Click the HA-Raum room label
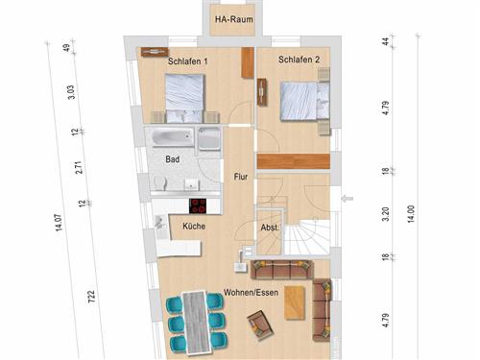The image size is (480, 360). [x=234, y=19]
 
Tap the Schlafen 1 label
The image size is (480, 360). [x=188, y=61]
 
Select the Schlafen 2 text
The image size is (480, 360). [x=299, y=60]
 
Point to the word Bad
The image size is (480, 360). [x=173, y=159]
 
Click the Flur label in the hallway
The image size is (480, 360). [x=241, y=177]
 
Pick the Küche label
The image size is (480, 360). [x=194, y=227]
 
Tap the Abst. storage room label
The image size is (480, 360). [x=270, y=228]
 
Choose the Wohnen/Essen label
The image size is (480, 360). [x=251, y=293]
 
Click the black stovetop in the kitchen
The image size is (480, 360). [x=198, y=206]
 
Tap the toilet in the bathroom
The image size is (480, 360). [x=159, y=182]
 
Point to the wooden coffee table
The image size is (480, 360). [x=295, y=302]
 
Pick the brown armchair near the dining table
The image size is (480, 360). [x=260, y=325]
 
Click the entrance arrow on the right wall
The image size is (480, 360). [x=348, y=199]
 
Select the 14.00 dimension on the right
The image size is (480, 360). [x=411, y=214]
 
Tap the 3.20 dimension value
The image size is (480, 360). [x=386, y=214]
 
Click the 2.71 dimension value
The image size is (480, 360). [x=79, y=167]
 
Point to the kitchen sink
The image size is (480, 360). [x=159, y=222]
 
